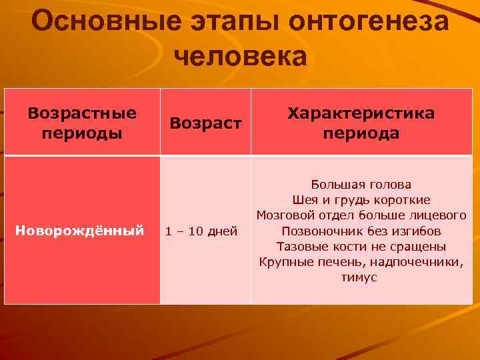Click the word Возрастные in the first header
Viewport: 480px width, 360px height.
point(82,113)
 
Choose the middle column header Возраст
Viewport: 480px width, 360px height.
point(205,123)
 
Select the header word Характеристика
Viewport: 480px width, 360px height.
point(361,113)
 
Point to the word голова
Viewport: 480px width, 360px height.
point(387,185)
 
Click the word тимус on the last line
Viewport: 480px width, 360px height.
point(360,277)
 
